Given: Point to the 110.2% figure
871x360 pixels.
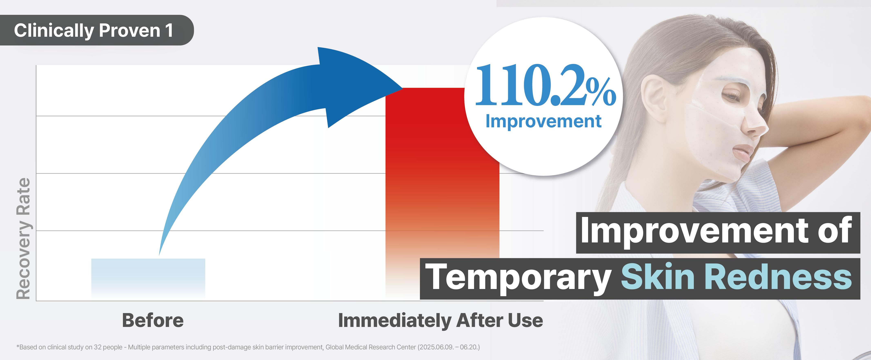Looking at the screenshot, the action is point(545,85).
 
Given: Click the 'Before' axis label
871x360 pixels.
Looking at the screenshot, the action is point(153,320).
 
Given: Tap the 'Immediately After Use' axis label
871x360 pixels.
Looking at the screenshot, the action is point(441,320).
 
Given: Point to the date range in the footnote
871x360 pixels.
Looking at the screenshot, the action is point(449,347).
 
